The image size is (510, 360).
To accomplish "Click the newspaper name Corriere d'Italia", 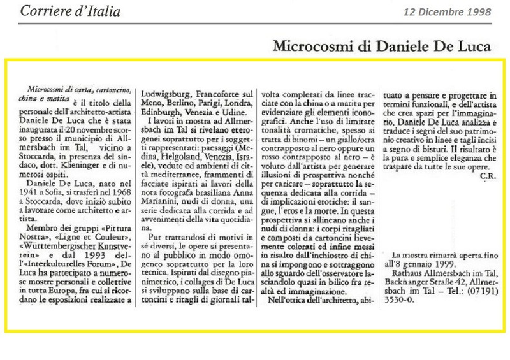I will (70, 11).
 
